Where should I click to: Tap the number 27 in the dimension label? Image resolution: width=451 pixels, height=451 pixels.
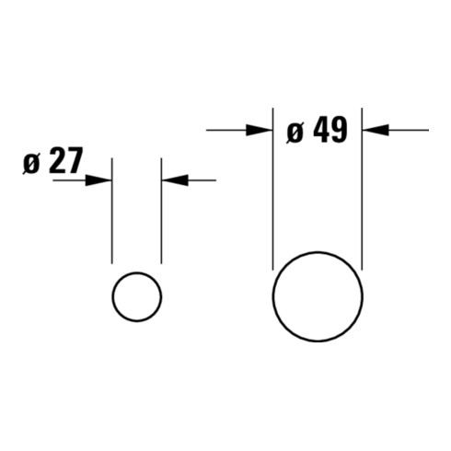click(x=66, y=160)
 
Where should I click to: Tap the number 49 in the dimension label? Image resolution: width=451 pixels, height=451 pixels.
click(x=330, y=130)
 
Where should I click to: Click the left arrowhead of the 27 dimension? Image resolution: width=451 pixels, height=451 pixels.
click(x=98, y=180)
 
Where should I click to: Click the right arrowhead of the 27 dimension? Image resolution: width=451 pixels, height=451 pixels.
click(x=175, y=180)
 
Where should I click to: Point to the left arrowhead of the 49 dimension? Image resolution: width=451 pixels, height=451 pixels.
click(x=260, y=131)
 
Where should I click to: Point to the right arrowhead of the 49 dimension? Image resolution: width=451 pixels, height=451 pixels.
click(x=376, y=131)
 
